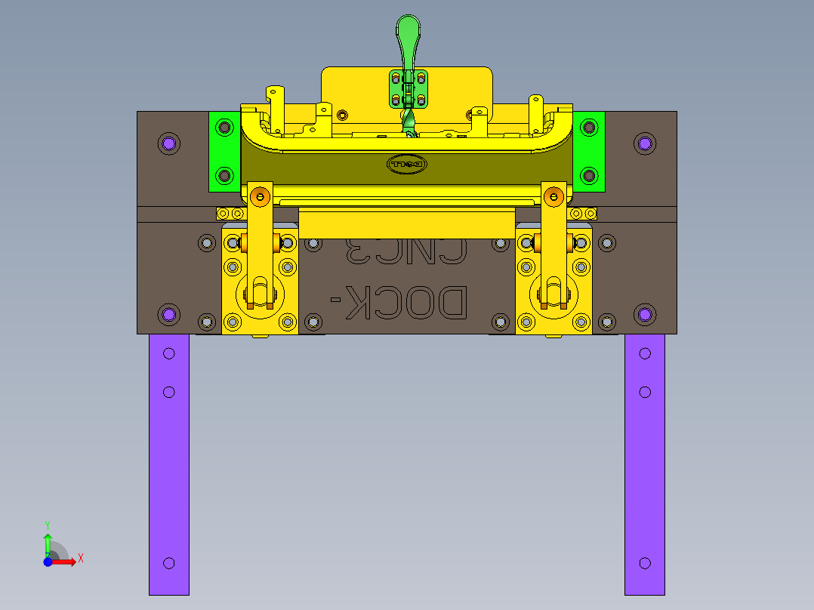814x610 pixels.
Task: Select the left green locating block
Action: [224, 151]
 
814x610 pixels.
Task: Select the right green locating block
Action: [589, 151]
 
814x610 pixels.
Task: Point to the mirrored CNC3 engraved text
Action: [405, 251]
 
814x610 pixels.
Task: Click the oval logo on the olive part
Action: [407, 164]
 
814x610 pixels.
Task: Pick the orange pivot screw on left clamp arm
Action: [261, 198]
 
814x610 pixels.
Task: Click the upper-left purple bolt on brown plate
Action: [168, 143]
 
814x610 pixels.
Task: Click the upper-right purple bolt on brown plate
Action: [644, 143]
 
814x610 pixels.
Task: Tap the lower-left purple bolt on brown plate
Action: [168, 313]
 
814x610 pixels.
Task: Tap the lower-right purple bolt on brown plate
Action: [644, 313]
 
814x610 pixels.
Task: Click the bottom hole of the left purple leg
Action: [168, 563]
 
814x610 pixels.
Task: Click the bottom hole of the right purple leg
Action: [645, 563]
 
